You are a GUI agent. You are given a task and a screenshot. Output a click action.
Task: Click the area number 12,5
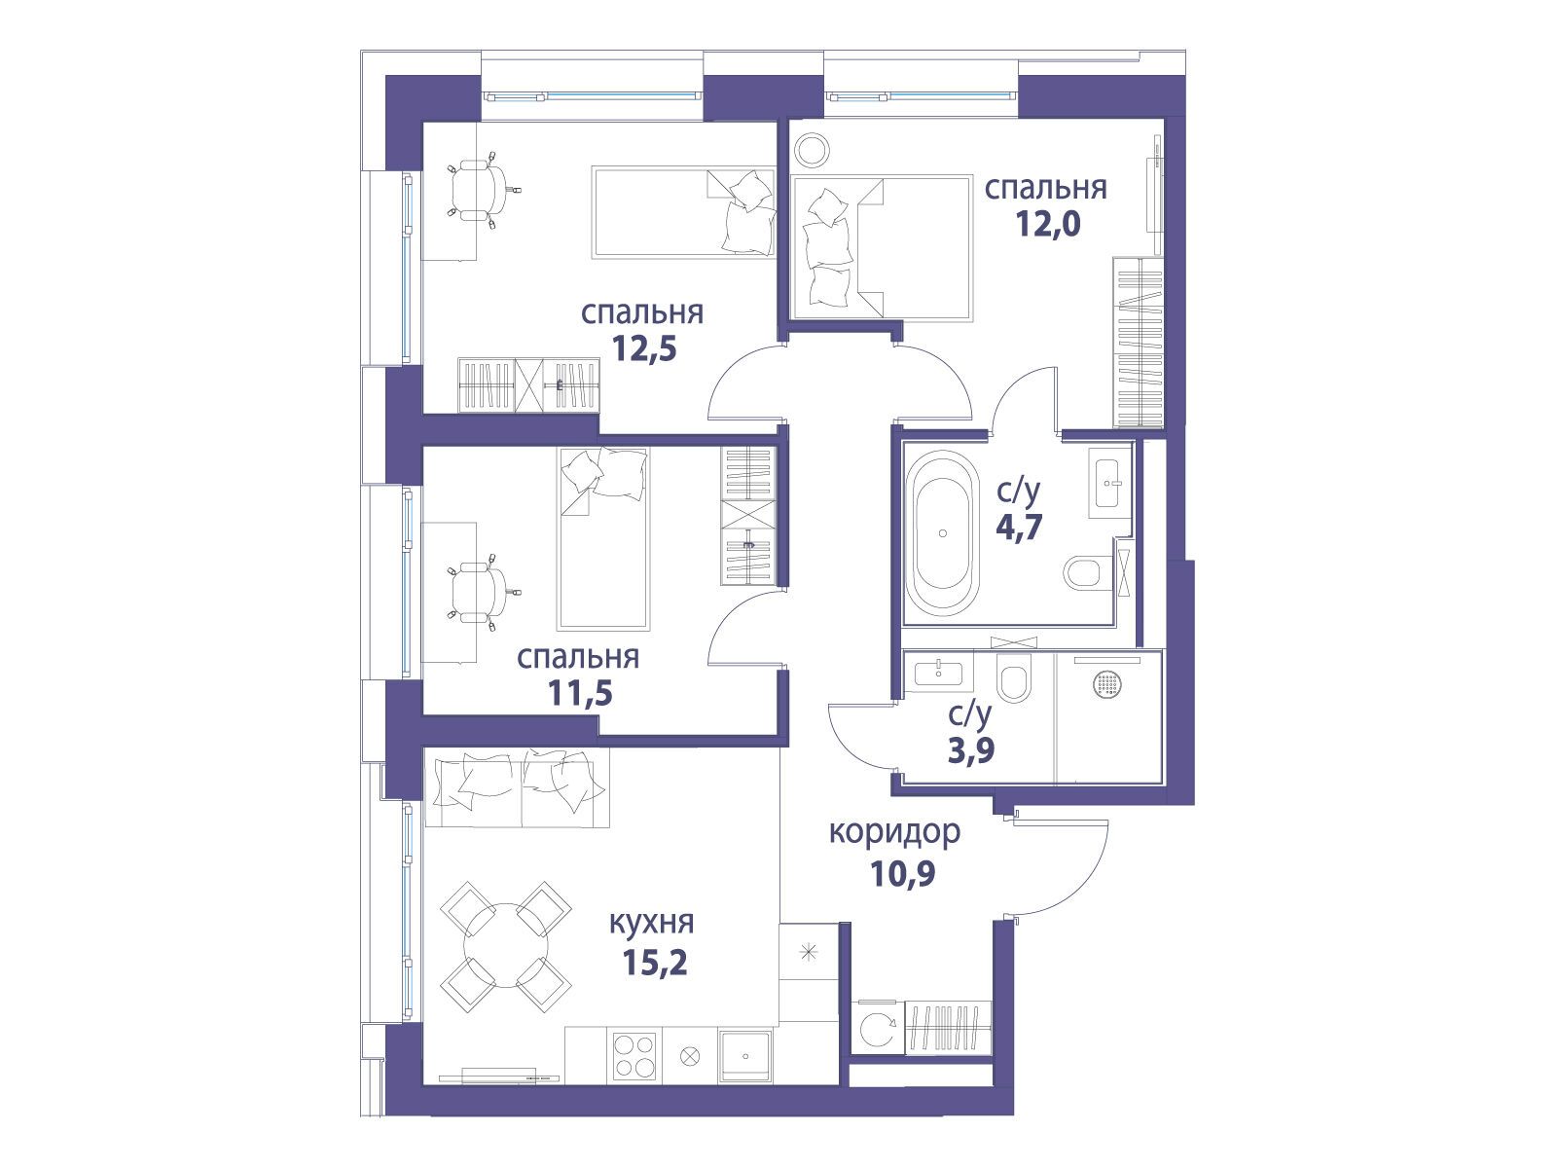(x=644, y=348)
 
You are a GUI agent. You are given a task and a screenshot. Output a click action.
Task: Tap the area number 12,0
(x=1048, y=225)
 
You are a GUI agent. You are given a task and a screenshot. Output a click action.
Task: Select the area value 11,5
(x=580, y=693)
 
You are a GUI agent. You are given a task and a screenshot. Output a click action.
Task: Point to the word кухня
(x=651, y=924)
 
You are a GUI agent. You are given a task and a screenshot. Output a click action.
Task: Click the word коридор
(x=894, y=832)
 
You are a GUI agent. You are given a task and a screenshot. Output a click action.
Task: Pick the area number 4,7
(x=1019, y=528)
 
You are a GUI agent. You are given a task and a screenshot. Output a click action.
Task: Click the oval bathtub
(x=943, y=533)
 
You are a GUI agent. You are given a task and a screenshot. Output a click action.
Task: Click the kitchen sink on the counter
(x=745, y=1057)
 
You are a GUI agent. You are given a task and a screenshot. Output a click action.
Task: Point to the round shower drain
(x=1107, y=684)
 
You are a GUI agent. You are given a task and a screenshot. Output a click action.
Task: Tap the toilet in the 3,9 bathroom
(x=1014, y=677)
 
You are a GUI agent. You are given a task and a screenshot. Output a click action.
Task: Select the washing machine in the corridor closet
(x=878, y=1031)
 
